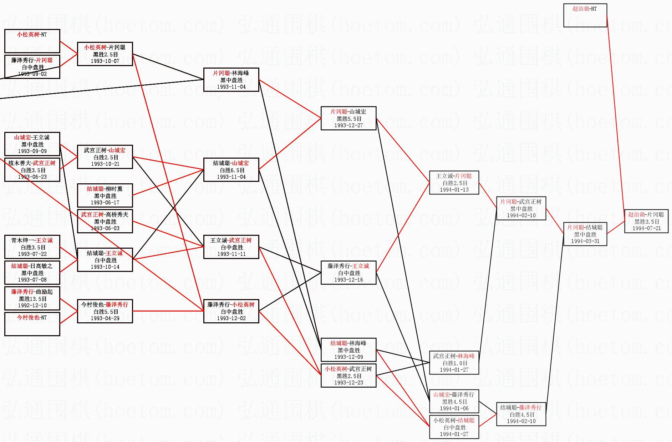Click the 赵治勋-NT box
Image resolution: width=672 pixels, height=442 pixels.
click(x=585, y=15)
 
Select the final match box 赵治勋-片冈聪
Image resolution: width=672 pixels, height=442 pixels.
click(x=646, y=221)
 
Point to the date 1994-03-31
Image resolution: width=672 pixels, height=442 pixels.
click(x=585, y=241)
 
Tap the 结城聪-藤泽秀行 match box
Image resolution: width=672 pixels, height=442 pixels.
click(x=521, y=414)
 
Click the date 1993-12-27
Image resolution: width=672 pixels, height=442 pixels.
click(x=348, y=125)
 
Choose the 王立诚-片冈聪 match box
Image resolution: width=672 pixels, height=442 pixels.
click(x=454, y=183)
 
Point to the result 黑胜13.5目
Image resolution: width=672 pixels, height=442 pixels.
click(x=32, y=299)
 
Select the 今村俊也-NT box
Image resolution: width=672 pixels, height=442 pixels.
click(x=32, y=324)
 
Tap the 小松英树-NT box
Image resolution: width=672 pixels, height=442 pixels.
click(x=32, y=41)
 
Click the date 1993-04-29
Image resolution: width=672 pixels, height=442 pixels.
click(x=105, y=318)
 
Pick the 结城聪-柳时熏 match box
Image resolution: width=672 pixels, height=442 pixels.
click(x=105, y=195)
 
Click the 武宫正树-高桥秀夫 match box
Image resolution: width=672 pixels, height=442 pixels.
click(x=105, y=221)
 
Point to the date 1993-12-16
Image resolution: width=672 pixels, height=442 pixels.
click(x=348, y=280)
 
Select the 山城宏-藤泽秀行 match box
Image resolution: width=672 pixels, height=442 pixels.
click(x=454, y=401)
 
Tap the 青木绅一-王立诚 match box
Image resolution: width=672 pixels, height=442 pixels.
click(x=32, y=247)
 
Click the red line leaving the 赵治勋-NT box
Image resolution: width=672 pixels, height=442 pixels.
click(x=615, y=118)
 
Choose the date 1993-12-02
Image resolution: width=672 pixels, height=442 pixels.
click(x=231, y=318)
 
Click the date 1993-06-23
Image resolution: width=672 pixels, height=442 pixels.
click(x=32, y=177)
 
